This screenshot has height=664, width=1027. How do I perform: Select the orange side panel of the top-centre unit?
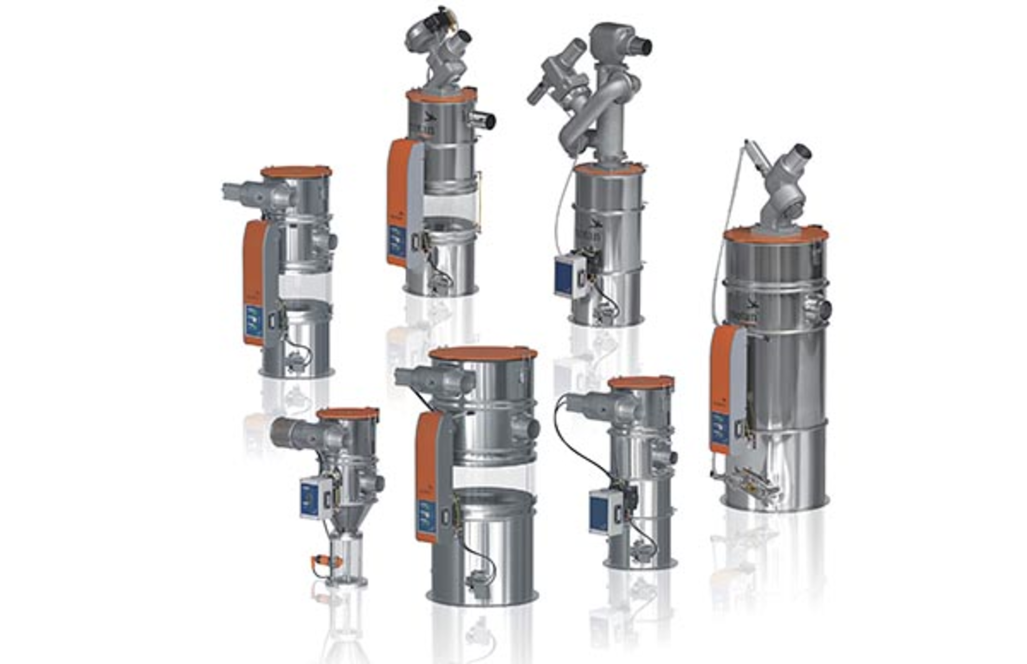[x=397, y=200]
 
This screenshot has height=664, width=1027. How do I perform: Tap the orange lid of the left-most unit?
[x=296, y=172]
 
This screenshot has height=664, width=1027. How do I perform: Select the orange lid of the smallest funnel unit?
[x=348, y=413]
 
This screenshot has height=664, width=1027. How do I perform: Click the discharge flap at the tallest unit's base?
[x=752, y=479]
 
